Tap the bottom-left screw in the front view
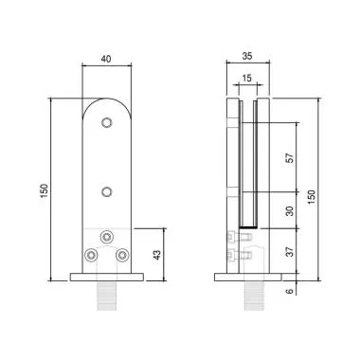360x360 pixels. point(92,256)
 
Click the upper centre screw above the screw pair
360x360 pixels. point(106,235)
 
